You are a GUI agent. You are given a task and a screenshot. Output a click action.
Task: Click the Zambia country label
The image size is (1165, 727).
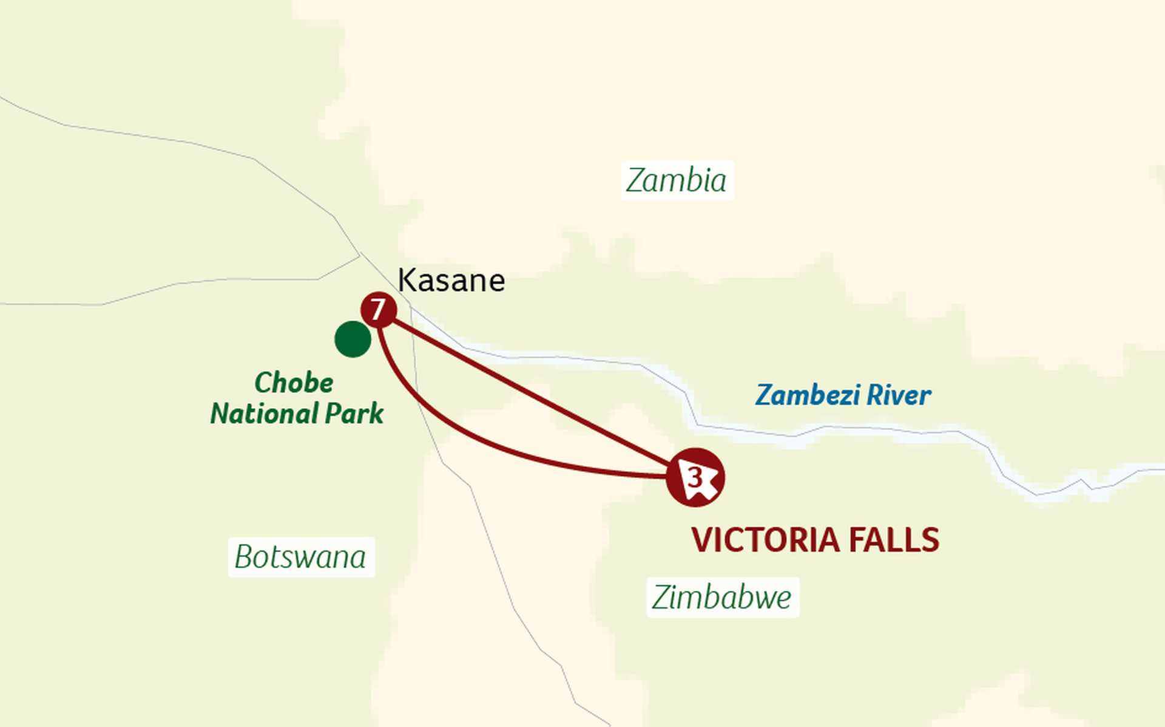[x=677, y=180]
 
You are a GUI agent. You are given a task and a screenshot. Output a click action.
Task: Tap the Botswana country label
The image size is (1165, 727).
[x=301, y=557]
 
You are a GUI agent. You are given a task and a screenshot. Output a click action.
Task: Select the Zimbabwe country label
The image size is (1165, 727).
[x=722, y=597]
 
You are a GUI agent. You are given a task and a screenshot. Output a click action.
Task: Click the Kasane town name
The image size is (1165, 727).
[x=451, y=281]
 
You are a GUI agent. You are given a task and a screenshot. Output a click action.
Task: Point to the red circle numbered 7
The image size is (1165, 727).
[x=379, y=310]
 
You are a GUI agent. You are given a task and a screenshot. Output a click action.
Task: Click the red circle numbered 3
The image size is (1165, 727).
[x=695, y=477]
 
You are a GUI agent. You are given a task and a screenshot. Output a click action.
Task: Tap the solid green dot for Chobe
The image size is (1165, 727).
[x=353, y=339]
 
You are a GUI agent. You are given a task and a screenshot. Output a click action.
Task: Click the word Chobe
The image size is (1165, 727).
[x=294, y=383]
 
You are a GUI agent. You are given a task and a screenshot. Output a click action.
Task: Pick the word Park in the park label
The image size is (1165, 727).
[x=354, y=414]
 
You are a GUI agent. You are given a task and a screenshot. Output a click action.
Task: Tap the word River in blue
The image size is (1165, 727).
[x=899, y=395]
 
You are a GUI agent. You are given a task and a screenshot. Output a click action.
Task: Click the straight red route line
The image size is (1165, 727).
[x=528, y=389]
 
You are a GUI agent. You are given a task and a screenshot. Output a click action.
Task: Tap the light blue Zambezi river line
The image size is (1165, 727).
[x=849, y=429]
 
